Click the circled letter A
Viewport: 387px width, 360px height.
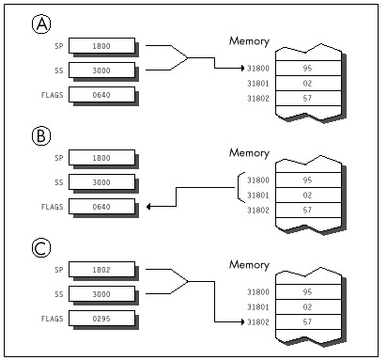41,24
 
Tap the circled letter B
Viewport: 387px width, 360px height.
41,136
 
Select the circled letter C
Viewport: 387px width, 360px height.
41,248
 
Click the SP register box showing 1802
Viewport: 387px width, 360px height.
101,270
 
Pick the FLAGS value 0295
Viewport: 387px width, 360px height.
101,319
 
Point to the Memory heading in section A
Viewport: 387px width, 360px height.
249,41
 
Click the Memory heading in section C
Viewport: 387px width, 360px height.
249,265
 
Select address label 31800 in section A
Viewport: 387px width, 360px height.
258,69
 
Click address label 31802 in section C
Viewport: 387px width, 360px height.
258,322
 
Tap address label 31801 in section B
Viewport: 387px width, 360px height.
258,196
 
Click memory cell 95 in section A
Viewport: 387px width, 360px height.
308,69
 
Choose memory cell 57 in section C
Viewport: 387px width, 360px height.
308,322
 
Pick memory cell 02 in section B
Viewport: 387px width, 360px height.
308,196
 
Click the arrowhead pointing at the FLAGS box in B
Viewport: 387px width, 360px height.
148,207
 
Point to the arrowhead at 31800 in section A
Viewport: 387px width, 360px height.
242,68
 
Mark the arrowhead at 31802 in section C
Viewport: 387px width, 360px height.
242,321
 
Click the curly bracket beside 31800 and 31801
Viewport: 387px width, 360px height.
239,188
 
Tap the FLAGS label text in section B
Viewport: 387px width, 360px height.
53,207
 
